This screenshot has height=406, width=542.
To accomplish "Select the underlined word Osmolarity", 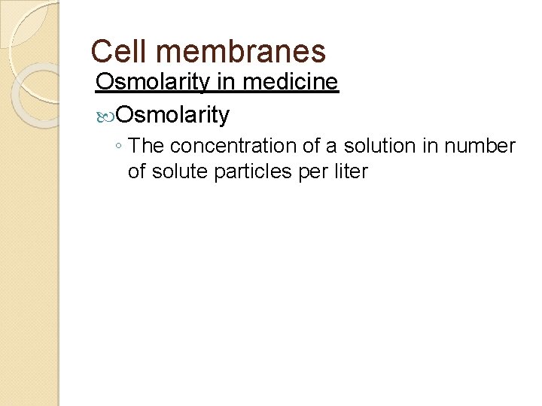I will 153,82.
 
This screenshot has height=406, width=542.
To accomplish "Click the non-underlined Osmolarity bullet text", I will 173,114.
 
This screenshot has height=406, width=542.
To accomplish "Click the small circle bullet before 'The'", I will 119,147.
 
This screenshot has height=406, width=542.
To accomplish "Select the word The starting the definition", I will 147,146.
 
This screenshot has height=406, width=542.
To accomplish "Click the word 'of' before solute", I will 138,171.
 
